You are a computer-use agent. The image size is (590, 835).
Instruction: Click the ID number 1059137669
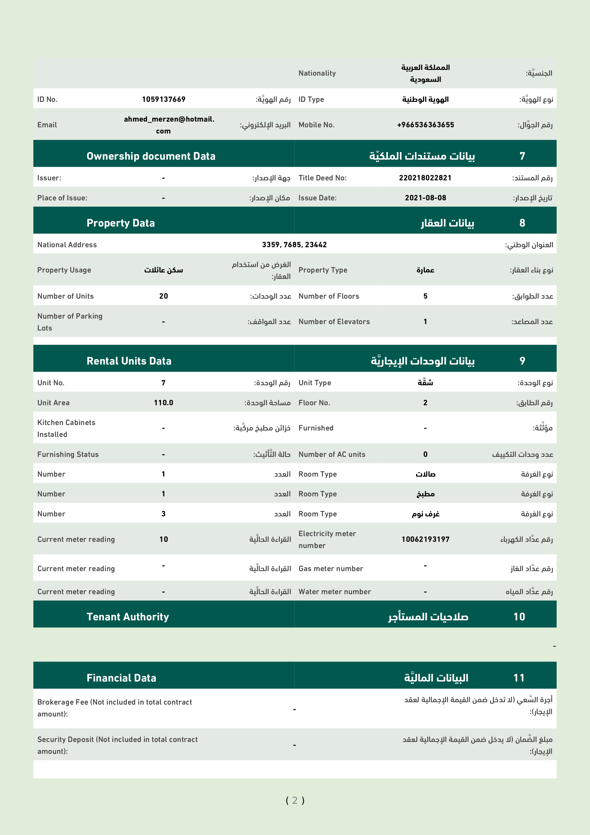pos(164,99)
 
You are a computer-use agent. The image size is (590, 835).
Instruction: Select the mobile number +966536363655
pos(425,125)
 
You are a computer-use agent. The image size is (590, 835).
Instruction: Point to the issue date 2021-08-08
pos(425,198)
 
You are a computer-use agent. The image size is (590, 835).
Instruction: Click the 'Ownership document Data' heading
pos(151,156)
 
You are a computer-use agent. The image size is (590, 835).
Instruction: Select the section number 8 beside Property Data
pos(522,223)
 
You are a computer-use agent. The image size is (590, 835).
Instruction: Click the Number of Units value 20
pos(164,296)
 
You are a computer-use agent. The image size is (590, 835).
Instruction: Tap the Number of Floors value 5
pos(425,296)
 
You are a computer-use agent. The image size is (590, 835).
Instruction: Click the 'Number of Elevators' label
pos(334,321)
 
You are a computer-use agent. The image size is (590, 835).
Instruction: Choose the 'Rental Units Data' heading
pos(129,361)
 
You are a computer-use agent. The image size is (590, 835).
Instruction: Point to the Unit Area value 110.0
pos(164,403)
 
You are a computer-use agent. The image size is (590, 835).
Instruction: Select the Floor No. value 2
pos(425,403)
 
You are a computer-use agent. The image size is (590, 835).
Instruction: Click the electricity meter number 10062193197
pos(425,539)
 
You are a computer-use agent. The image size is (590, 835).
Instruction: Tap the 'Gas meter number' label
pos(330,568)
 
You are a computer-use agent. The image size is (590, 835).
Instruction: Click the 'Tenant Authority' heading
pos(128,617)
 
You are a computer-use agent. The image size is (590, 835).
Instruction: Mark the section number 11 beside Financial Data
pos(519,678)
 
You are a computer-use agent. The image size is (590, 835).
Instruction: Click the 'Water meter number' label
pos(334,592)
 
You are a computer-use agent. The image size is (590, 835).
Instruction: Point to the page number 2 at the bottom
pos(295,800)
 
